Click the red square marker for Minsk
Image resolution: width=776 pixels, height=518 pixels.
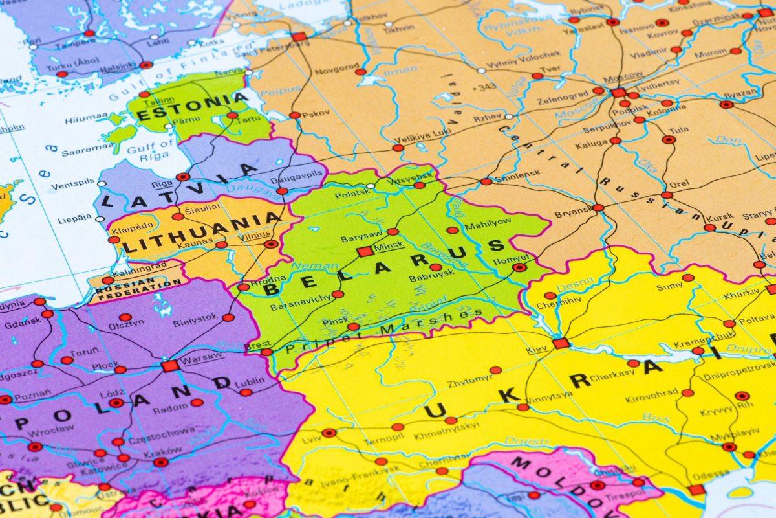365,251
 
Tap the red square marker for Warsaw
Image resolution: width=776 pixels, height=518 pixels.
170,366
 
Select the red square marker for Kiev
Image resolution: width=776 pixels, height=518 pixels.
561,343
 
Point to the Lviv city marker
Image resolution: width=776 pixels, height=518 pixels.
329,433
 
